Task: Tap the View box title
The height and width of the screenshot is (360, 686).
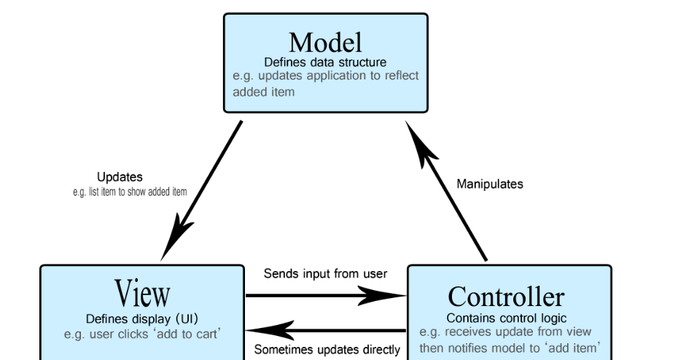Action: (x=142, y=293)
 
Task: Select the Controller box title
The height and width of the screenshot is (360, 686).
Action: (x=505, y=297)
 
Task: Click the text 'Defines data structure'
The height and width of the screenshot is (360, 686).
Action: (x=325, y=62)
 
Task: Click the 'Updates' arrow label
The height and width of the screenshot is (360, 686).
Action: (x=120, y=177)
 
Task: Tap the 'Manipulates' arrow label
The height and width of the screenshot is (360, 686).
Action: (x=489, y=184)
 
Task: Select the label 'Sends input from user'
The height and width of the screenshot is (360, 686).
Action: (x=324, y=274)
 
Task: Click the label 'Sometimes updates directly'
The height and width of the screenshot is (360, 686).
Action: (x=327, y=350)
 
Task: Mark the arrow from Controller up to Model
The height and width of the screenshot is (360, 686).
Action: (x=446, y=189)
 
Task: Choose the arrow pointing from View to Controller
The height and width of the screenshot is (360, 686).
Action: (x=325, y=295)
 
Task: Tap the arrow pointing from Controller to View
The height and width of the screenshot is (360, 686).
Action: (x=325, y=330)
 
